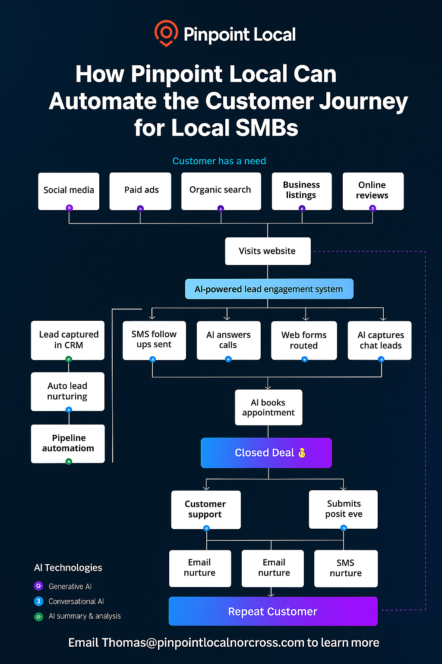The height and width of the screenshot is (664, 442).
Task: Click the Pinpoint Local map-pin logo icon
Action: coord(166,33)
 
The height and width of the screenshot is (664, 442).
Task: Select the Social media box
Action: coord(69,191)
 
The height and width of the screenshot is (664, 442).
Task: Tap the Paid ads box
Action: coord(140,191)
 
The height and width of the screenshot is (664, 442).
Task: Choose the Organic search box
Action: coord(221,191)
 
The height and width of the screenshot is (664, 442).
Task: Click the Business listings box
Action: coord(302,191)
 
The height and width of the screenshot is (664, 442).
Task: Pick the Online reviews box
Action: coord(373,191)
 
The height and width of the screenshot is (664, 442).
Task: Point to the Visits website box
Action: coord(268,251)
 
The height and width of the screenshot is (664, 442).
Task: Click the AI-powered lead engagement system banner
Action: coord(269,289)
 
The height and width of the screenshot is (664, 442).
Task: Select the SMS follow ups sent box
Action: coord(154,340)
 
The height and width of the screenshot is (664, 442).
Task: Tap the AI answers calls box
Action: coord(228,340)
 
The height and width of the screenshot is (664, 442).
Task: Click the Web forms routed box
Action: coord(304,340)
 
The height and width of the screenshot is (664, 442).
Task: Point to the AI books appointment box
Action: coord(268,407)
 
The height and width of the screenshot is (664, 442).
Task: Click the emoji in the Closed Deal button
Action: coord(302,453)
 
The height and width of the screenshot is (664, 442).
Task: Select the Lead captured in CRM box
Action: coord(68,340)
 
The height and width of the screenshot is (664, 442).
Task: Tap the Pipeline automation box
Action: coord(68,443)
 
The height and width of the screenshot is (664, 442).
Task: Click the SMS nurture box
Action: coord(346,568)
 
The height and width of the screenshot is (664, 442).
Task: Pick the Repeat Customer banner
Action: coord(273,611)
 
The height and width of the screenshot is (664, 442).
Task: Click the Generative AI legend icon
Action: coord(38,586)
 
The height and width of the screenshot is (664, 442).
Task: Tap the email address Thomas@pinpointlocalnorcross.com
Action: coord(203,643)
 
